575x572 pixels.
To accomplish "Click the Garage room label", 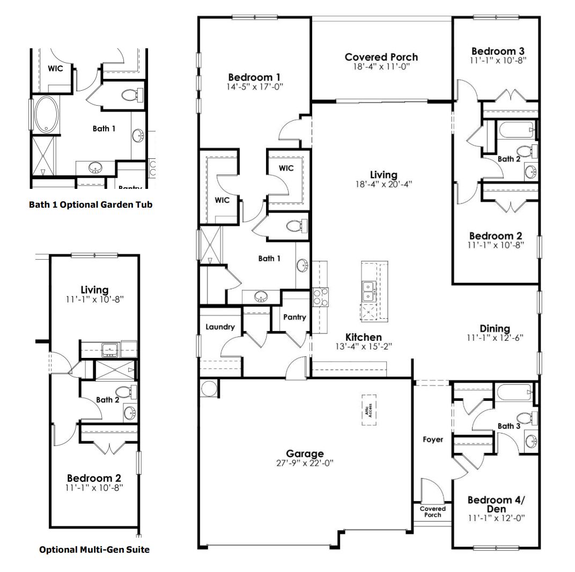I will (305, 454).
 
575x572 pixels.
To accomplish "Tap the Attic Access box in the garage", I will (368, 410).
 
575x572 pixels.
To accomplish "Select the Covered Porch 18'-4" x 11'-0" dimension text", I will (381, 67).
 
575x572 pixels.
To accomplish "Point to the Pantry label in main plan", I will (294, 317).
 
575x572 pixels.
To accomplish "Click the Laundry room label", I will (220, 327).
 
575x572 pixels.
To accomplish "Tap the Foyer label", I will (433, 439).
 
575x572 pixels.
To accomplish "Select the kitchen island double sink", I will (368, 292).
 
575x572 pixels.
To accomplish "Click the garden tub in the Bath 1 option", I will (46, 114).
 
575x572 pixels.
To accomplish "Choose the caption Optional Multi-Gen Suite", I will (94, 549).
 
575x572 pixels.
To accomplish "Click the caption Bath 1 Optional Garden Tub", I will (91, 204).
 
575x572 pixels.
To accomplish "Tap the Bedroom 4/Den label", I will (496, 504).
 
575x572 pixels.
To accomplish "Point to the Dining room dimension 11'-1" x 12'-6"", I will (495, 338).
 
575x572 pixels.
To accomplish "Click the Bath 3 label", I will (508, 426).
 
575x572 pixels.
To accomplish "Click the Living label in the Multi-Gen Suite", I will (94, 290).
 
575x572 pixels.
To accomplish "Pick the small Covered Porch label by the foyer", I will (432, 511).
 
